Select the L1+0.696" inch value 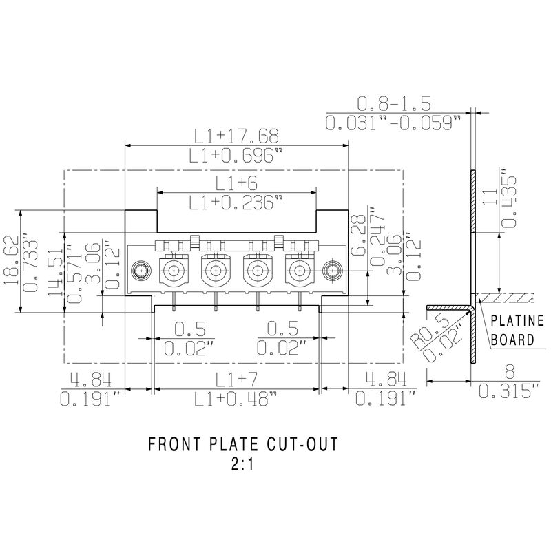236,156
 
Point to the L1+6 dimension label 236,183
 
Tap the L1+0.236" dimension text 236,202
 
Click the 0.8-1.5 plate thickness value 393,104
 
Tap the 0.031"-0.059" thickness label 393,124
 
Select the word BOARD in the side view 512,339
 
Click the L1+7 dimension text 236,380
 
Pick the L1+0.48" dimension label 236,399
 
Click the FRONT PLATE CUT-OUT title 243,445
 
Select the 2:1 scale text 242,464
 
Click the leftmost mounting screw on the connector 142,269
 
